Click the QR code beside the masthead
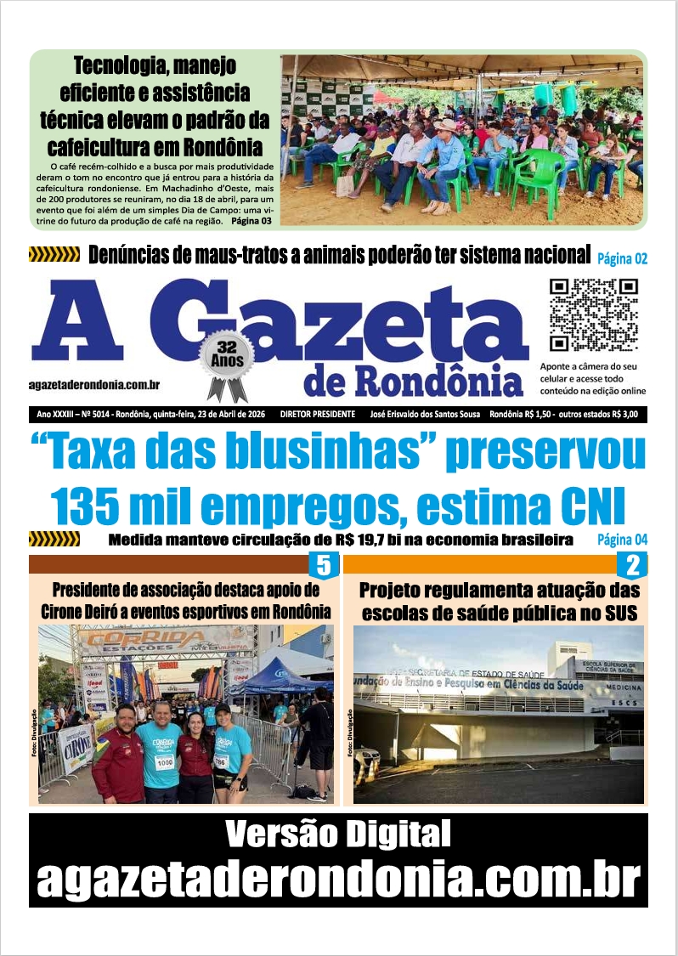click(593, 315)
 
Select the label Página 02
click(622, 258)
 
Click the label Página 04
click(622, 540)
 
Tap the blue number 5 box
click(323, 566)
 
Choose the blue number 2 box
click(632, 566)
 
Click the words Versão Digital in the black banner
click(338, 835)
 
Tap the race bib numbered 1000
click(164, 761)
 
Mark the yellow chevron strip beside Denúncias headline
click(54, 254)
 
